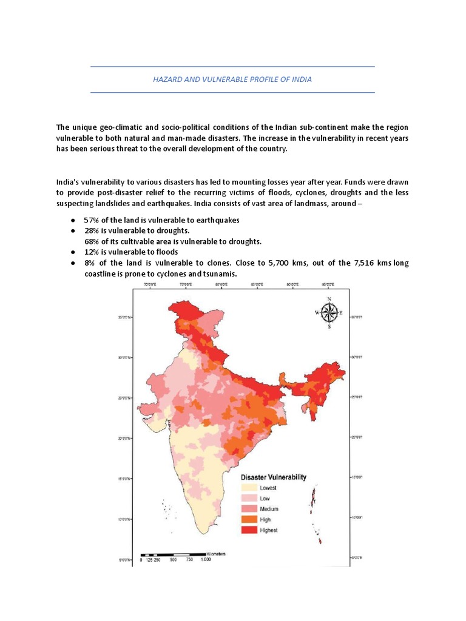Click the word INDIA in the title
click(300, 79)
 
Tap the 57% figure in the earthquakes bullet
click(91, 220)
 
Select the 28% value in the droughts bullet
click(91, 231)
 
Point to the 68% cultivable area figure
click(92, 241)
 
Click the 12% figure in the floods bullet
click(91, 252)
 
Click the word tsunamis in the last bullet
click(218, 274)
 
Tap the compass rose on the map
click(329, 313)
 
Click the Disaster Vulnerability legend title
click(274, 477)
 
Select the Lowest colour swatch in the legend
click(249, 488)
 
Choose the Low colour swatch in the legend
click(249, 498)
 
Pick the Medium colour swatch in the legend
click(249, 509)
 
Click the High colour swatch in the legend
click(249, 519)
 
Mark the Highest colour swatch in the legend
click(249, 530)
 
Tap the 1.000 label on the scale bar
click(206, 560)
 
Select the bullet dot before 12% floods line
click(72, 252)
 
